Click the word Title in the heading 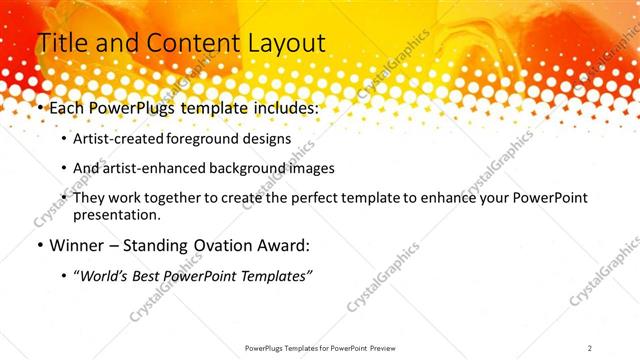[x=61, y=43]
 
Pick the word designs [x=267, y=138]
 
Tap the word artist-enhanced [x=153, y=168]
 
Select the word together [x=174, y=198]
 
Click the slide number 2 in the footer [x=590, y=348]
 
